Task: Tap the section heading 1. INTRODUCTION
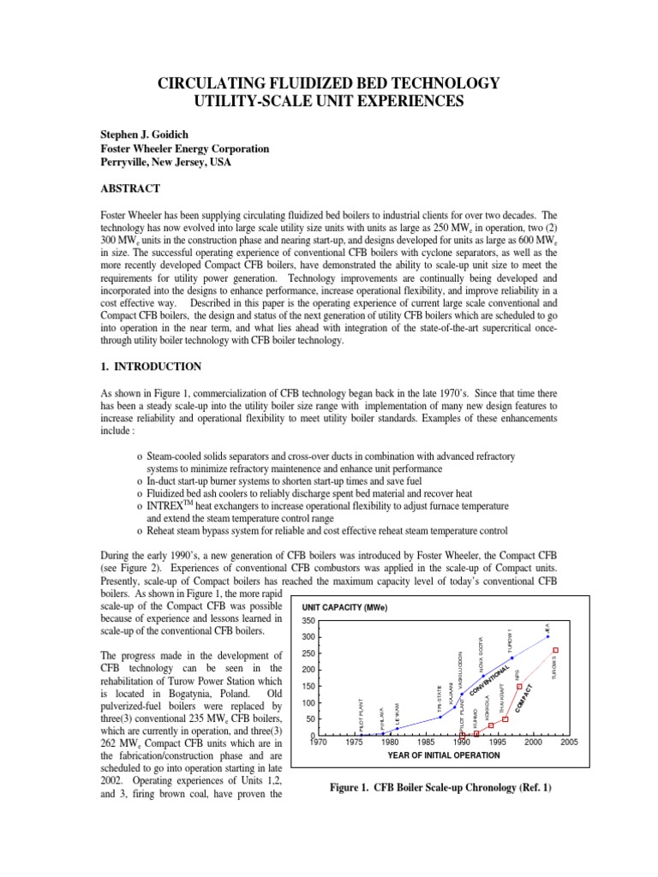(x=152, y=367)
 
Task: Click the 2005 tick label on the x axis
(x=570, y=743)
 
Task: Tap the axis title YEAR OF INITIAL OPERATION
(x=443, y=755)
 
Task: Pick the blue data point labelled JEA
(x=548, y=636)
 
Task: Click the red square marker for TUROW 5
(x=556, y=651)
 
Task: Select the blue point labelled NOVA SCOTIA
(x=483, y=676)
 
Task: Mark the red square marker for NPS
(x=520, y=687)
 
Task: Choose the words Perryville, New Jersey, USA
(x=163, y=162)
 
